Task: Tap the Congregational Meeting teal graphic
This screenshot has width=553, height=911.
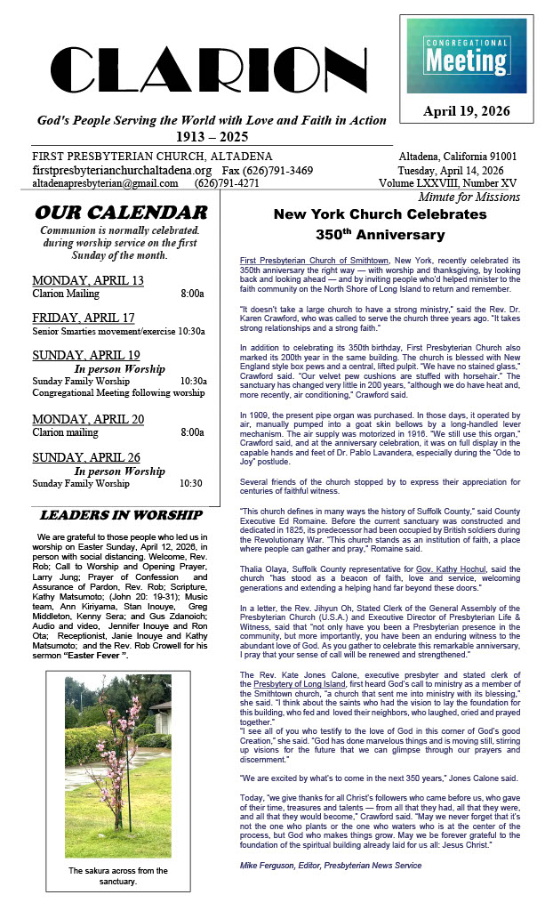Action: coord(466,55)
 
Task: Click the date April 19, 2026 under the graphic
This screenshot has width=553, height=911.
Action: coord(466,112)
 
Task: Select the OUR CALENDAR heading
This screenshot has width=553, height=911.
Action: coord(121,213)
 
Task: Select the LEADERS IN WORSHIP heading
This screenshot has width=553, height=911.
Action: coord(121,515)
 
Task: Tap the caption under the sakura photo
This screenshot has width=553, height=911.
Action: coord(117,875)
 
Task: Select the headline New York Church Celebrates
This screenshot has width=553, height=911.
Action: coord(380,214)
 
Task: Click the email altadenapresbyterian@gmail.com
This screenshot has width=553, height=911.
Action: coord(104,183)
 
